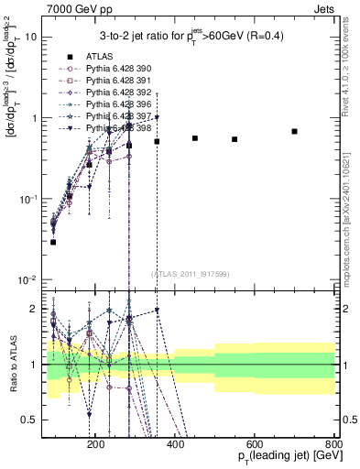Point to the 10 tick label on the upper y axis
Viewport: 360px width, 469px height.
[30, 38]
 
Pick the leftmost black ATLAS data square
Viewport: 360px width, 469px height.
[53, 242]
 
